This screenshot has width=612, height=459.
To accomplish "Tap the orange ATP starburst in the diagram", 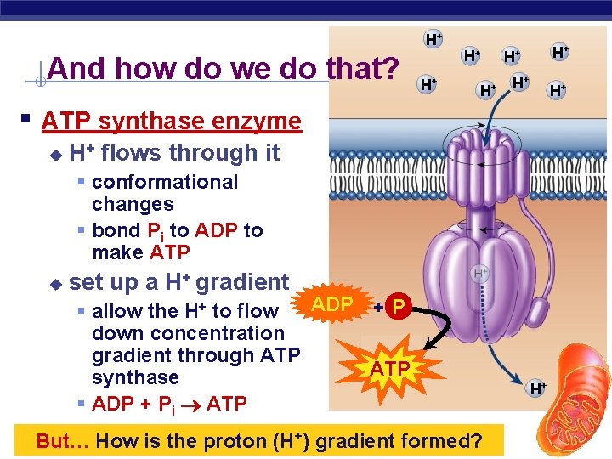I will point(390,368).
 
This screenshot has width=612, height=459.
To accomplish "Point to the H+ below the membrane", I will point(538,389).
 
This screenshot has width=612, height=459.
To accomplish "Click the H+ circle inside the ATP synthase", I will point(481,273).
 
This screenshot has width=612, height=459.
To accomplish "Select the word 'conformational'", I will point(165,182).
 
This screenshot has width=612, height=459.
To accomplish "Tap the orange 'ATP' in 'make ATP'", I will point(170,252).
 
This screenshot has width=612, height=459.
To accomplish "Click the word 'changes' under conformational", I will point(133,204).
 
